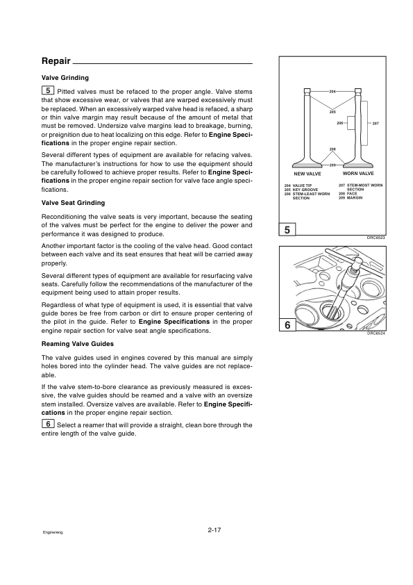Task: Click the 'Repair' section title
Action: [56, 61]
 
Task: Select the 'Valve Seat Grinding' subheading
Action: [73, 203]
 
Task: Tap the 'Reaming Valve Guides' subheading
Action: [78, 344]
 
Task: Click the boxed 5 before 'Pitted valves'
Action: [48, 90]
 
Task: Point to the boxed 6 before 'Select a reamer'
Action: [48, 424]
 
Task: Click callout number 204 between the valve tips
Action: [332, 91]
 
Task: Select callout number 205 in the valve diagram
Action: [332, 112]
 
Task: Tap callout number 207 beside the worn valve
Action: [376, 123]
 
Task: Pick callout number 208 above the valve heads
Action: [332, 149]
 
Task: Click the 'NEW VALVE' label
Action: [307, 174]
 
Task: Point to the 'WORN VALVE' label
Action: [358, 174]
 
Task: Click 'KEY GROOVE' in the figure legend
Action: [305, 190]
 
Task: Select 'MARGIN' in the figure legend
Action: [355, 198]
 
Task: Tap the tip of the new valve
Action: [307, 90]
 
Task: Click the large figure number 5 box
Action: [287, 230]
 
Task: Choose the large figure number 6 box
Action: [287, 325]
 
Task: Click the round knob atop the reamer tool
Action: [358, 260]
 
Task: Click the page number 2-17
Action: [214, 530]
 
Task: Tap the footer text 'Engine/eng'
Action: [53, 532]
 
